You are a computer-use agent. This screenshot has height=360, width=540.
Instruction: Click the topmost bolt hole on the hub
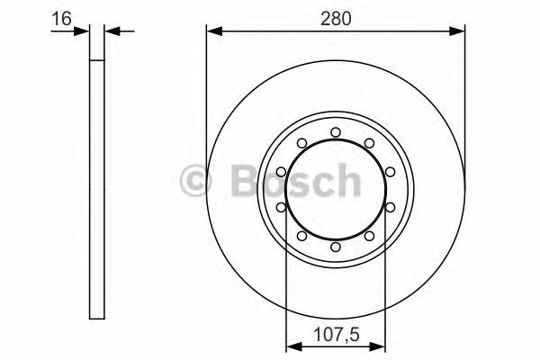336,132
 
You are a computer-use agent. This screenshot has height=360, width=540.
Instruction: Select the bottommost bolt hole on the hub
336,247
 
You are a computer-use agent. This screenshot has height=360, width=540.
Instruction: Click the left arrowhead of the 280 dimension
212,32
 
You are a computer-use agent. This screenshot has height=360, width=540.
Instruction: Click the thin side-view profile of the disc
97,189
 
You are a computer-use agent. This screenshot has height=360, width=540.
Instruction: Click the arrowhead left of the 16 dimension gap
85,32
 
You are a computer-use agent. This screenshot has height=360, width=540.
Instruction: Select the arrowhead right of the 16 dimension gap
111,32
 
